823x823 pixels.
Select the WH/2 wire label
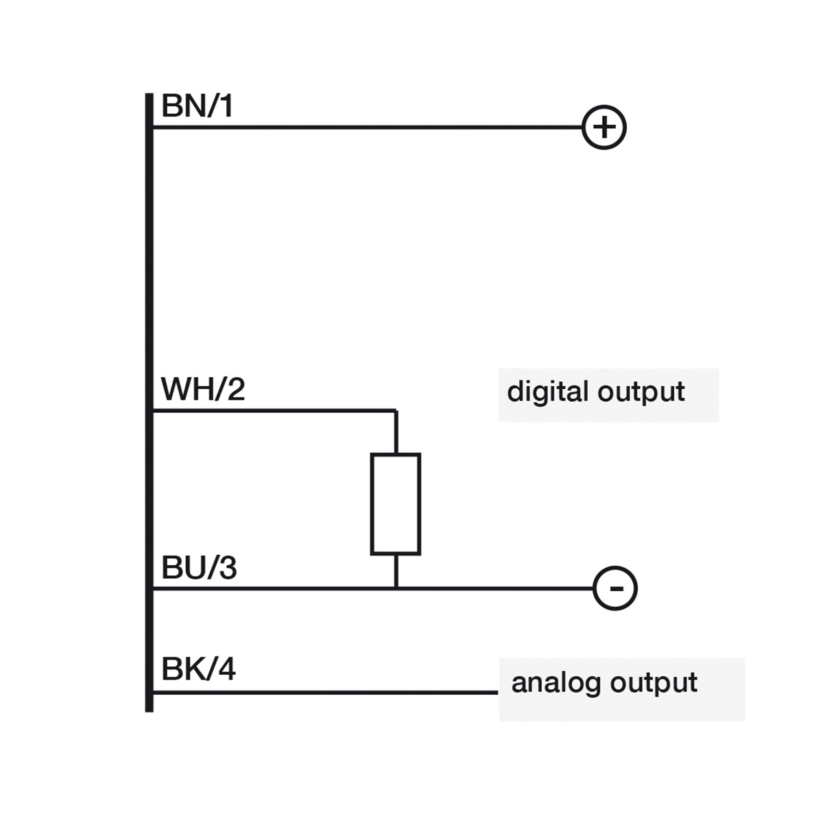(202, 390)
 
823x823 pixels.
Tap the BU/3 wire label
(199, 569)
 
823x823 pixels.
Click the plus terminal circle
(604, 128)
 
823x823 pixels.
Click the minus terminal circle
(615, 588)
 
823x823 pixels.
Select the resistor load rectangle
(396, 503)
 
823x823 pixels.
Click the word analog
(556, 683)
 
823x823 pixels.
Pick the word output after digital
(641, 393)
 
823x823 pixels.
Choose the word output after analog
(654, 684)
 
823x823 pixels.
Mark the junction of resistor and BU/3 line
(396, 588)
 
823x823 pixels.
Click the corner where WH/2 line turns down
(396, 411)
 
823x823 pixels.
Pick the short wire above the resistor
(396, 432)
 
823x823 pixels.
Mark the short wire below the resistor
(396, 571)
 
